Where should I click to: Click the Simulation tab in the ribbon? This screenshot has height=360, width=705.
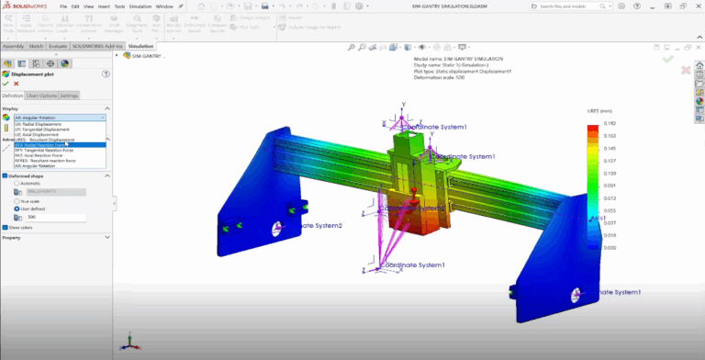140,45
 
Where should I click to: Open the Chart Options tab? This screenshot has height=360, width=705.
41,96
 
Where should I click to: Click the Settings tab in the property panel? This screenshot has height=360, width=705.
69,96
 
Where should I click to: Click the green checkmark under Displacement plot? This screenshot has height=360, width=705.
6,84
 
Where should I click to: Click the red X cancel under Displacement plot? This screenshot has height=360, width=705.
16,84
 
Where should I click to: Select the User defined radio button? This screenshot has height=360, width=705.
17,208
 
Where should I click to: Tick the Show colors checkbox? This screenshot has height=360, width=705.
5,227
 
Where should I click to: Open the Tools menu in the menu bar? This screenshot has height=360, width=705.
119,6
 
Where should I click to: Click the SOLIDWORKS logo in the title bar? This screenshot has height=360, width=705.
28,6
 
